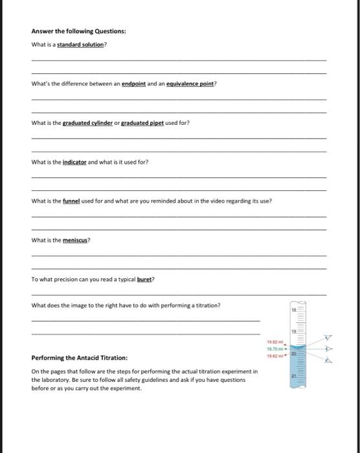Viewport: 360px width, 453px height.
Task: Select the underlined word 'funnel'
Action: pos(71,201)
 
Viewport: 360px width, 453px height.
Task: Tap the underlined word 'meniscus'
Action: pos(76,240)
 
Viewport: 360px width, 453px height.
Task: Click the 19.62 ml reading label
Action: pos(273,355)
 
